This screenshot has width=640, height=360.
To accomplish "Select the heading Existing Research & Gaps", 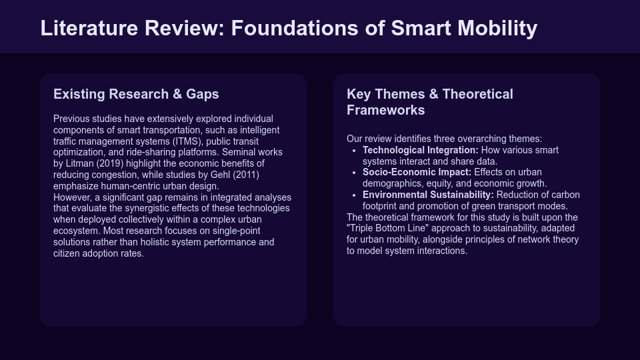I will tap(136, 94).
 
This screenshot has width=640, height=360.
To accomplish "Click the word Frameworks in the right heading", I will tap(385, 110).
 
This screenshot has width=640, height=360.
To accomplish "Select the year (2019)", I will tap(111, 163).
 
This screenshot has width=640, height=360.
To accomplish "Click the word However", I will tap(73, 197).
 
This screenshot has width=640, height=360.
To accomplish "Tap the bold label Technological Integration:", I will tap(420, 150).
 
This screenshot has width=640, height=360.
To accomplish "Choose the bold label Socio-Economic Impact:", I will tap(417, 172).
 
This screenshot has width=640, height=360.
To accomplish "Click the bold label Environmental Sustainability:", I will tap(428, 195).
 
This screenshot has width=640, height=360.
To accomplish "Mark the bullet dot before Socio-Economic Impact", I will tap(354, 173).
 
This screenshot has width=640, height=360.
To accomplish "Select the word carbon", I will tap(565, 195).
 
